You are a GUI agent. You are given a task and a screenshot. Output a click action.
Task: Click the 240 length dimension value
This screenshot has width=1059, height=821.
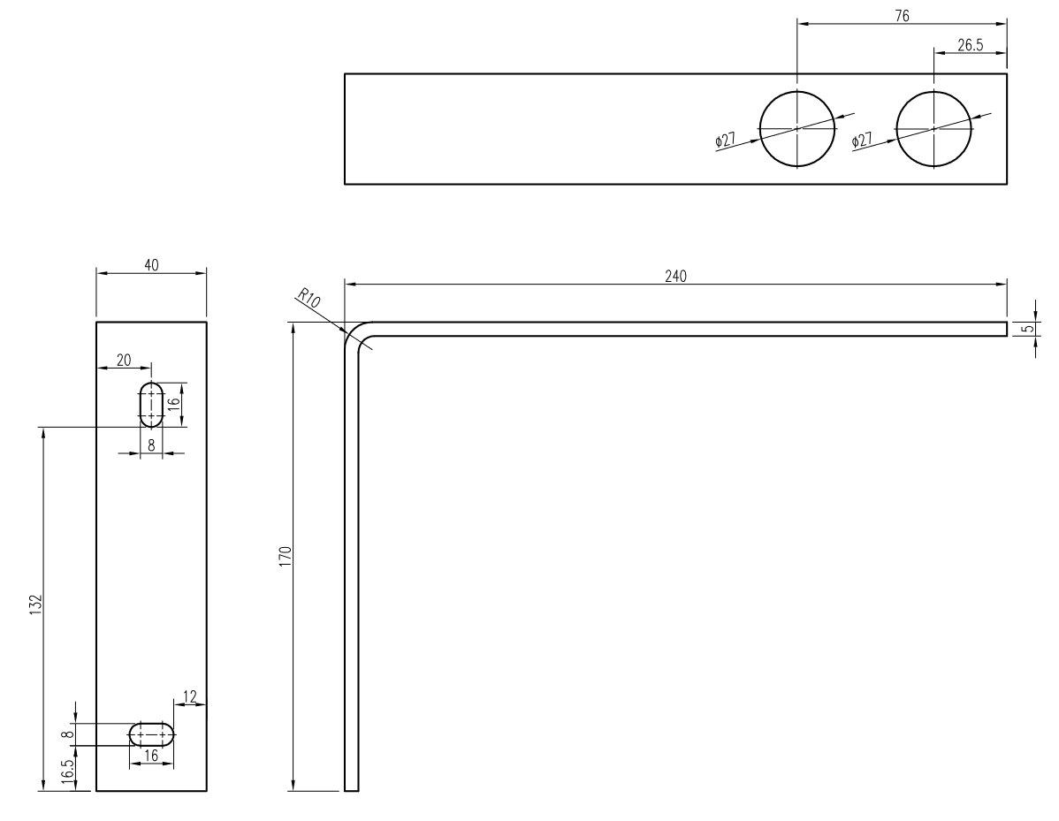(x=675, y=275)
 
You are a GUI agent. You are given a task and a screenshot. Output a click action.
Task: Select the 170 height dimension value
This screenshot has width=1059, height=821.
(x=286, y=556)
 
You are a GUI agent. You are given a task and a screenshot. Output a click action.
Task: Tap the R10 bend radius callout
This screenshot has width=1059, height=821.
(x=309, y=299)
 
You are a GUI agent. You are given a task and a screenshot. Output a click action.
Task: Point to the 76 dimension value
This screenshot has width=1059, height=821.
(x=902, y=15)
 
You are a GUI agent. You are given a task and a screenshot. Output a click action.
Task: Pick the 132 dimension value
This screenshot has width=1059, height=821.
(x=35, y=609)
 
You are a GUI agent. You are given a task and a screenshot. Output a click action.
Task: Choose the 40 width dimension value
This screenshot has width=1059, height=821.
(x=151, y=264)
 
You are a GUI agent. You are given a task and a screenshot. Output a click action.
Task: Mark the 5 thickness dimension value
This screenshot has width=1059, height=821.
(x=1025, y=329)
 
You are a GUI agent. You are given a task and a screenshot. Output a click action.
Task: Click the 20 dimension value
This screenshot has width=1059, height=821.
(x=123, y=361)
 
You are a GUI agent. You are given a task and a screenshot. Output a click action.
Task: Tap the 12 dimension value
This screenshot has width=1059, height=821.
(x=190, y=696)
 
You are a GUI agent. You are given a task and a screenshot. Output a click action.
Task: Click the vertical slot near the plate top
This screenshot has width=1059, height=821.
(x=151, y=404)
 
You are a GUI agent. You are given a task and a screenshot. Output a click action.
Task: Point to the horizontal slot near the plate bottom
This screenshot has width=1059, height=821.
(x=151, y=734)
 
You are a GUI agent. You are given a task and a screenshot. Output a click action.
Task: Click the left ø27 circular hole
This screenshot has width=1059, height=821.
(x=797, y=128)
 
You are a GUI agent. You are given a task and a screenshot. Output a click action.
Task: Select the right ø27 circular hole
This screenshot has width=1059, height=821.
(x=934, y=128)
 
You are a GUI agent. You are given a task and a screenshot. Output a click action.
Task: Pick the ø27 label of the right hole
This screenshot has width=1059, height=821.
(x=862, y=140)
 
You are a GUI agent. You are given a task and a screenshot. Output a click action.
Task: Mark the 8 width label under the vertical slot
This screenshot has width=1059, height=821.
(x=151, y=445)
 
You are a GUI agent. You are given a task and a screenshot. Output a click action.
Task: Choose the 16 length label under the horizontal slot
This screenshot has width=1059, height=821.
(x=151, y=756)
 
